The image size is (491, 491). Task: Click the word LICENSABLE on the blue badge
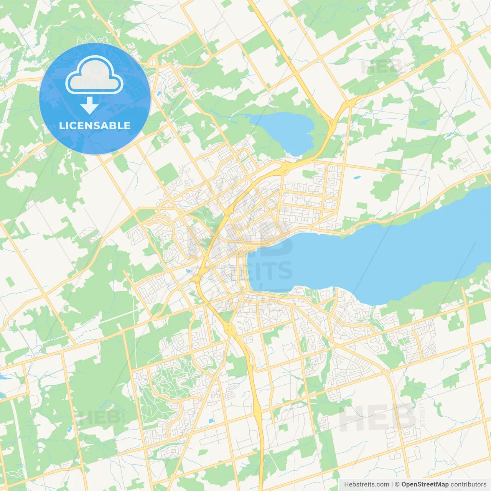click(95, 125)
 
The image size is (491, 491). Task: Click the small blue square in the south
click(211, 421)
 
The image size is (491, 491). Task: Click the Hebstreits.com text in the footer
click(366, 484)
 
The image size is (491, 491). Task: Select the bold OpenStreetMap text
click(425, 484)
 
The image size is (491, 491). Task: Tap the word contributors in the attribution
click(468, 484)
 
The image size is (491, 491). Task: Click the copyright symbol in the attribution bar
click(397, 484)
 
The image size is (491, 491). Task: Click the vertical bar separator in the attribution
click(392, 484)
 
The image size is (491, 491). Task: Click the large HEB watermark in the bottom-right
click(376, 418)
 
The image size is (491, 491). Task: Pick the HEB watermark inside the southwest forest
click(98, 417)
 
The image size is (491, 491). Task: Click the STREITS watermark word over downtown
click(245, 270)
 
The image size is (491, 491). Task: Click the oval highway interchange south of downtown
click(231, 328)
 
